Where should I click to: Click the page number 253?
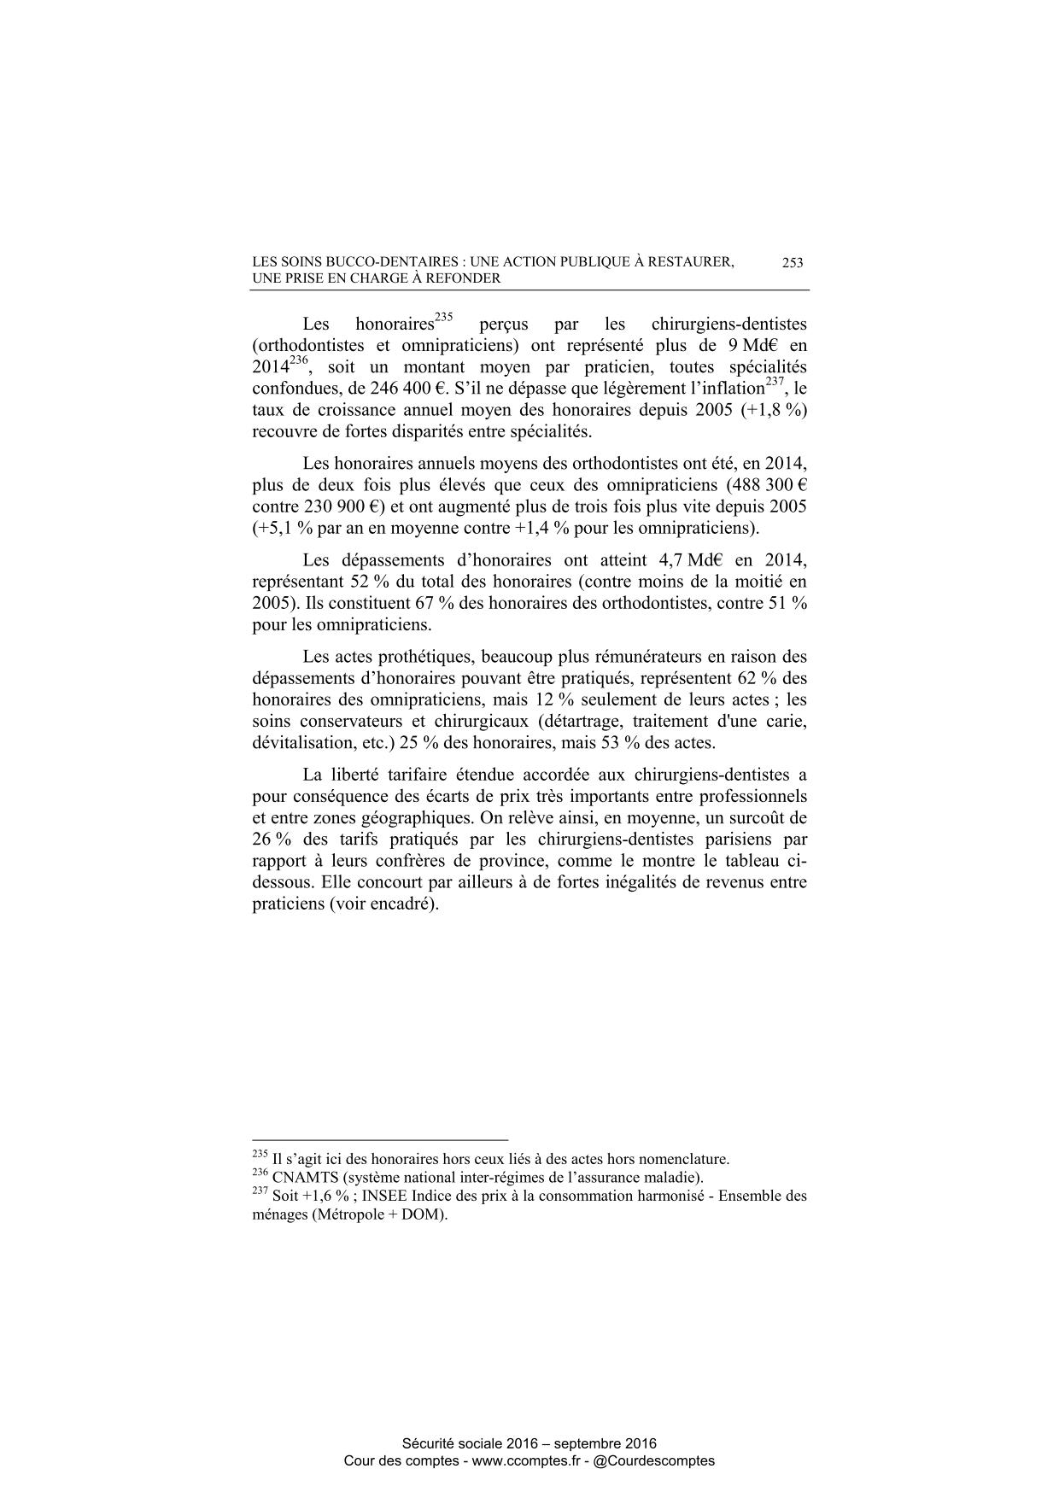(x=792, y=263)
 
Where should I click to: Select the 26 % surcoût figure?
(x=271, y=840)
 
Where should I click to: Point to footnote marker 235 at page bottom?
(x=260, y=1156)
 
